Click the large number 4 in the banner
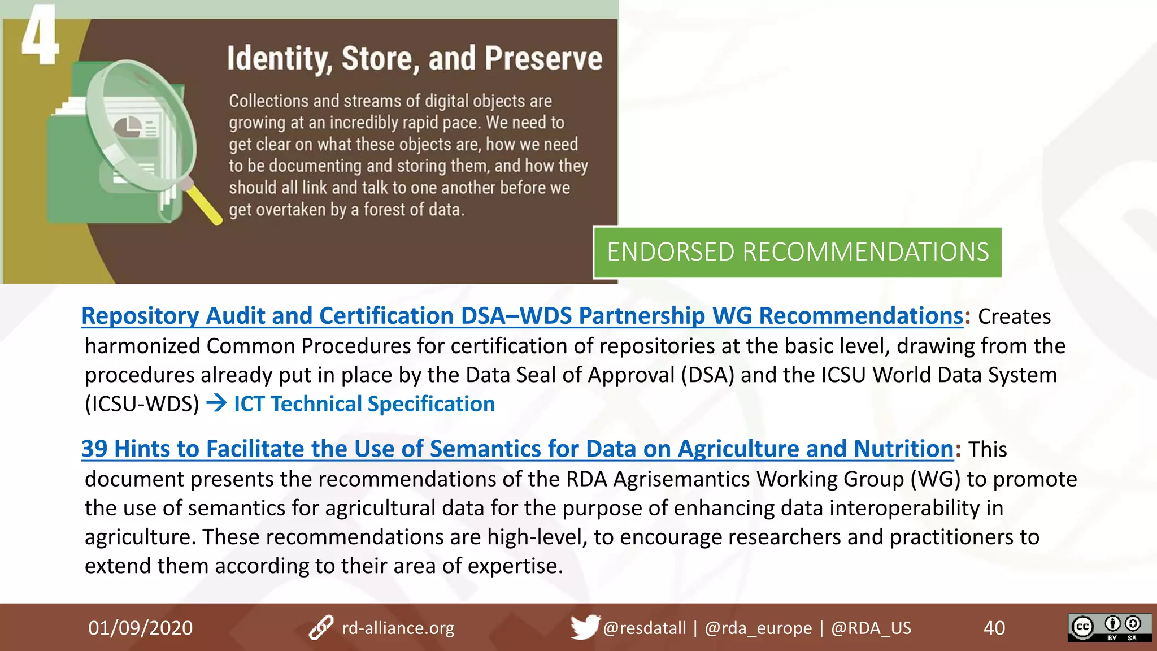click(40, 35)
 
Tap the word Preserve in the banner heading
click(543, 59)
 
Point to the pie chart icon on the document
click(128, 127)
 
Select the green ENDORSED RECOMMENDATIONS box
click(797, 252)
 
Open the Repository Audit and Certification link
click(522, 316)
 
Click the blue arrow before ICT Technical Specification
click(216, 403)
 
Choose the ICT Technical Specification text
click(364, 404)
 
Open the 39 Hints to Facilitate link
click(517, 449)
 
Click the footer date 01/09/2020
click(141, 628)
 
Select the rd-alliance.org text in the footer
click(398, 628)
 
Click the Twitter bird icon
click(584, 627)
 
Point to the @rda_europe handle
click(758, 628)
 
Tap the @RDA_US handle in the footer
click(871, 628)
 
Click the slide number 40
click(994, 628)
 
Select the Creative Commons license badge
click(1110, 627)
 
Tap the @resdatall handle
click(645, 628)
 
